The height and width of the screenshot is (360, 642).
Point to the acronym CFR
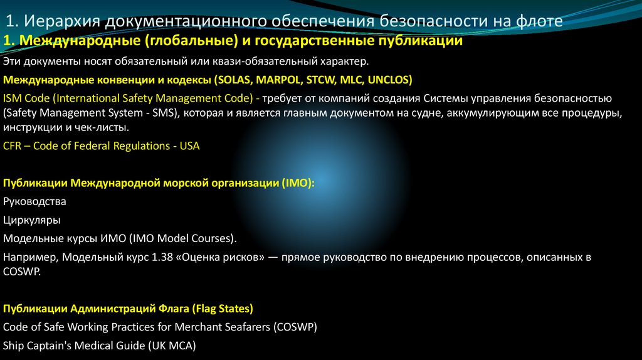pos(13,146)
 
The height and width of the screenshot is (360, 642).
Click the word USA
pos(189,146)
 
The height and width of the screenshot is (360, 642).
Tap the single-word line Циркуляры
pos(32,220)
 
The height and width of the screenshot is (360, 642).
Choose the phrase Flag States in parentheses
pos(223,309)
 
